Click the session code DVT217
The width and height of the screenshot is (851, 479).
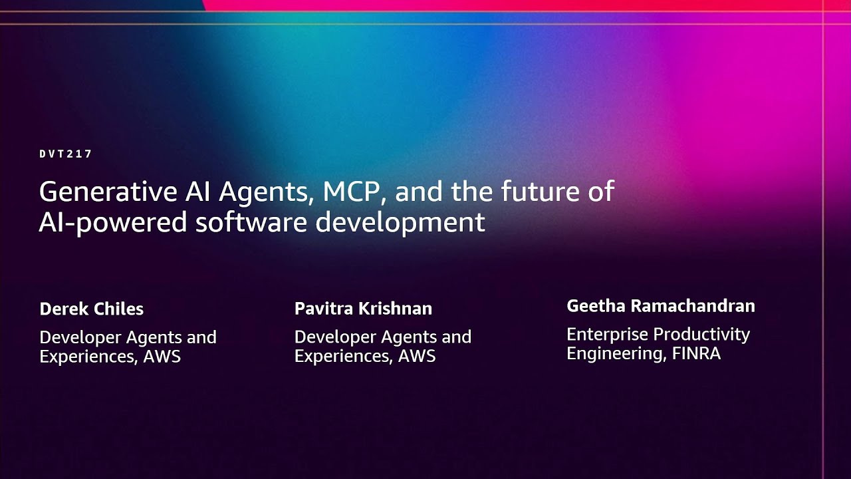[65, 154]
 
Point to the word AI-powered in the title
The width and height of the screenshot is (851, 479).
[112, 223]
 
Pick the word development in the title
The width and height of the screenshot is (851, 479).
[400, 223]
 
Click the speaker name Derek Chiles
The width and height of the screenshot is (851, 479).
[91, 309]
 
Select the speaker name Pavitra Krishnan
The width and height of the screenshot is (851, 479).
[363, 309]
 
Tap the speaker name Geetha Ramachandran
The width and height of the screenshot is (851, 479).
[660, 306]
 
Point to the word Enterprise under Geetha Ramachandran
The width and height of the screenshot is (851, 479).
[607, 334]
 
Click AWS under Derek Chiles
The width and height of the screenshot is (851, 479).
[162, 357]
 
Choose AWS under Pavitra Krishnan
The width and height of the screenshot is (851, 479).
[417, 357]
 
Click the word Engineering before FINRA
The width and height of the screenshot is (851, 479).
[615, 353]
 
